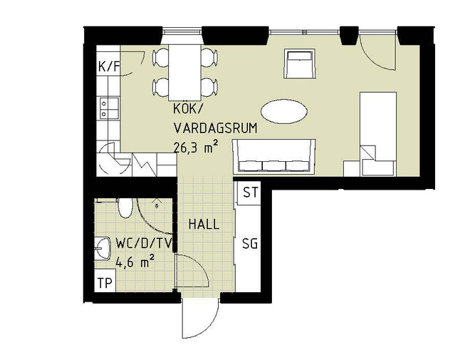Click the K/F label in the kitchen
(109, 67)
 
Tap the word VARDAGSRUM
(216, 128)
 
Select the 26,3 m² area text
(195, 148)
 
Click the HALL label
(204, 224)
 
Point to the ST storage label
(250, 192)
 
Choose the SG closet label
(250, 244)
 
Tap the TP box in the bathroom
(105, 282)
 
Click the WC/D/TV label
(144, 244)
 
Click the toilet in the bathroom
(125, 207)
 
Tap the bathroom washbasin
(103, 248)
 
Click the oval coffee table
(284, 112)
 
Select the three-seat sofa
(274, 156)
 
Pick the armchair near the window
(300, 63)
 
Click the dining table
(184, 73)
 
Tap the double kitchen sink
(109, 108)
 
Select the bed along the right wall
(378, 134)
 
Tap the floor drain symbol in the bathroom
(157, 205)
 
